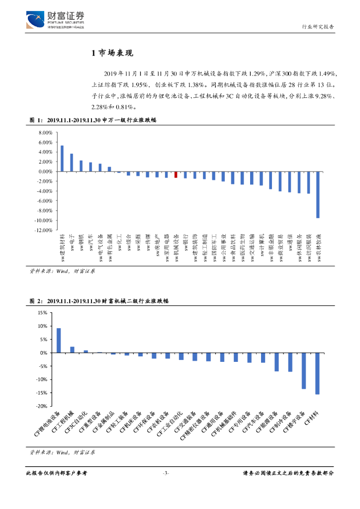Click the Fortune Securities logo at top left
[55, 20]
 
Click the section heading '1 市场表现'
[112, 53]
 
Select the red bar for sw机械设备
[176, 174]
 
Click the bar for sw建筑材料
[62, 159]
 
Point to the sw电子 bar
[71, 163]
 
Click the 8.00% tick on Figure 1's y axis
[45, 133]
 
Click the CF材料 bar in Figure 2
[317, 373]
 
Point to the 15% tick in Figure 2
[42, 313]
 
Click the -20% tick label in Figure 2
[41, 406]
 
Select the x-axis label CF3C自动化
[81, 422]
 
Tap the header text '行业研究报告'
[318, 27]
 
